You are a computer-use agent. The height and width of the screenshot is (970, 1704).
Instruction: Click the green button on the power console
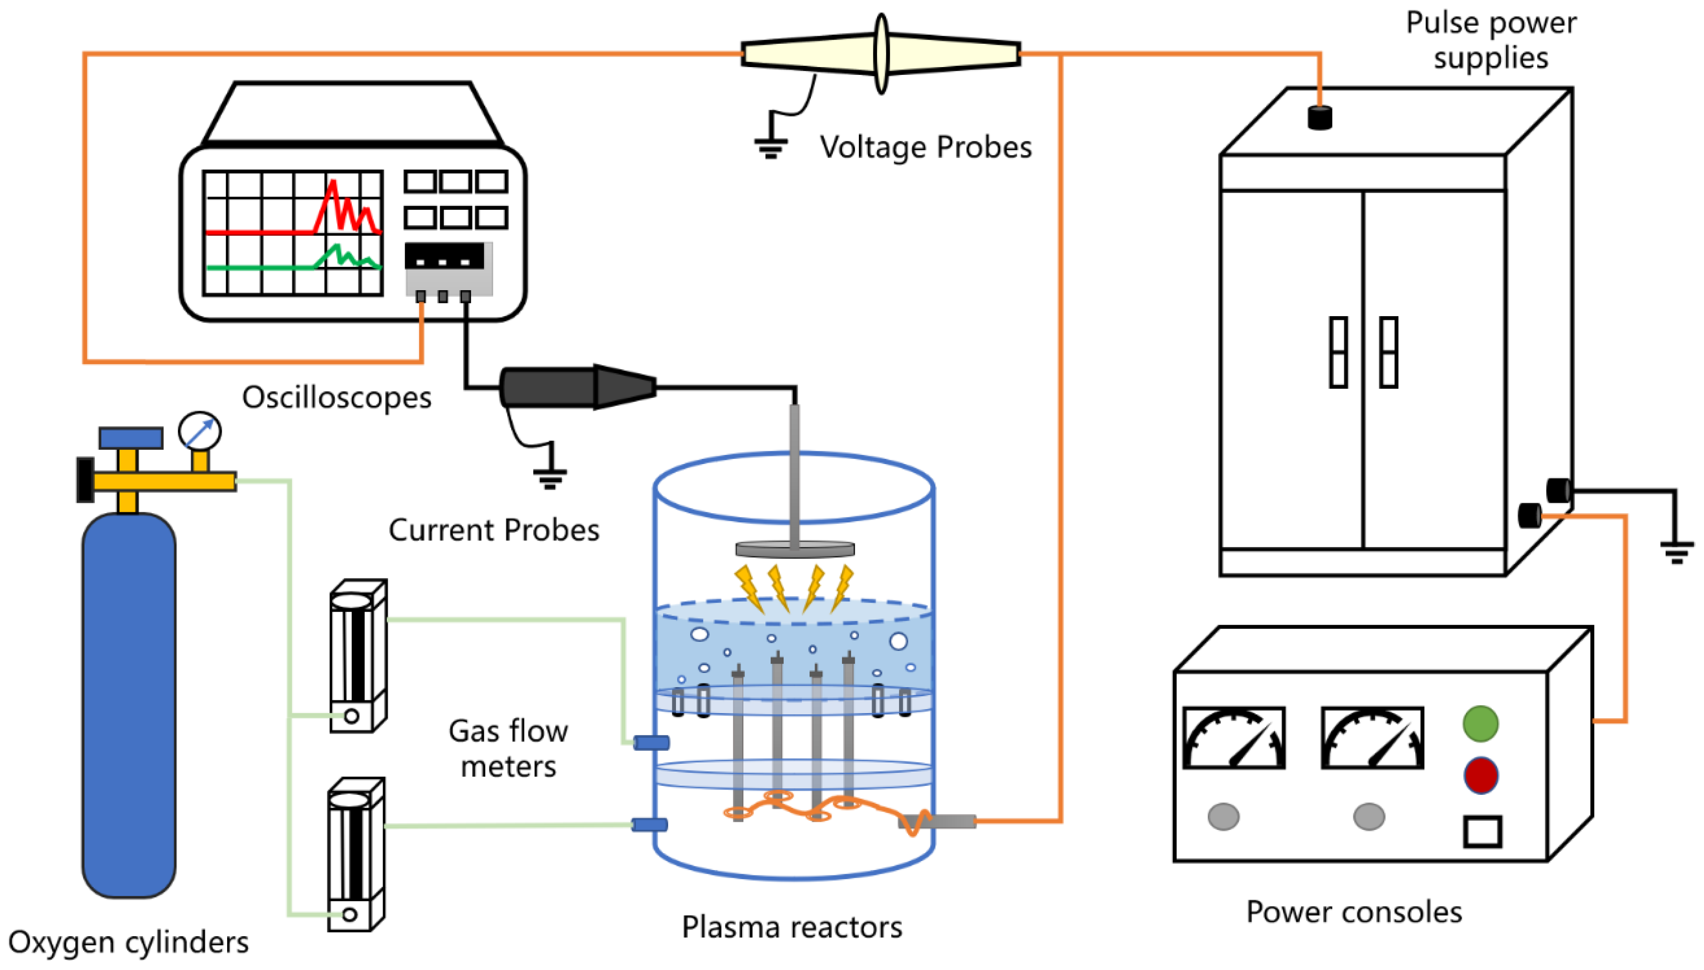[x=1480, y=724]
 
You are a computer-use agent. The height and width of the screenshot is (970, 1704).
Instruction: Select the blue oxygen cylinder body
[x=129, y=706]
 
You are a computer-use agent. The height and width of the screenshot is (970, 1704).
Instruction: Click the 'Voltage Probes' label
[x=925, y=147]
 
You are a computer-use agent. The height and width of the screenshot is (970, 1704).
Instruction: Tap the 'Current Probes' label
[x=494, y=530]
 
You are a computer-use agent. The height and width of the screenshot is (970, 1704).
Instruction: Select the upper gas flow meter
[x=358, y=656]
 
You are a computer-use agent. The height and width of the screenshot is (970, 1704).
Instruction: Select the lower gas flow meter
[x=356, y=854]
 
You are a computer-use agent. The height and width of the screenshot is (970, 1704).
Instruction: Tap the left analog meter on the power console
[x=1233, y=738]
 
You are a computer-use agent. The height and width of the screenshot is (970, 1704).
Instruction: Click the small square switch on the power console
[x=1482, y=831]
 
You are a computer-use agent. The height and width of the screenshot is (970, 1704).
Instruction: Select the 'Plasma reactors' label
[x=792, y=928]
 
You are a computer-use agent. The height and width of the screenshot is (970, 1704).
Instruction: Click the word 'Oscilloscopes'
[x=336, y=398]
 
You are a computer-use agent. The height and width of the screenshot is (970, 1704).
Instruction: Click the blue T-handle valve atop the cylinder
[x=130, y=438]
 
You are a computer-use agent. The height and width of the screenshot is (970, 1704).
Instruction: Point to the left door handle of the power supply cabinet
[x=1338, y=352]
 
